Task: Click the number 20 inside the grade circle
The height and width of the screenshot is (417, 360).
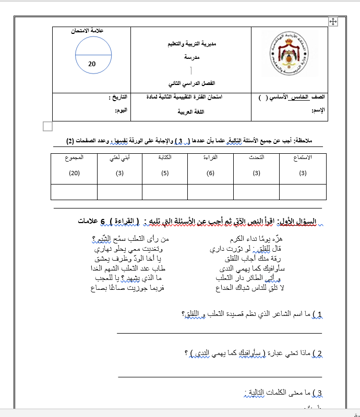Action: pos(92,64)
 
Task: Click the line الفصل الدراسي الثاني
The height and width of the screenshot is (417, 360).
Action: pos(191,83)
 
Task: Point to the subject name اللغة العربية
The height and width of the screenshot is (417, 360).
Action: pos(191,112)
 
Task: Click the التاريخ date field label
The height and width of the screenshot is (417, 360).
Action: pos(118,97)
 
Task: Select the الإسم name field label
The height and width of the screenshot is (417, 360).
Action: pos(318,111)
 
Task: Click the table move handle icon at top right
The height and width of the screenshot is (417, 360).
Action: pos(333,21)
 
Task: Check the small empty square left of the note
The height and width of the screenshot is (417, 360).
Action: pos(47,126)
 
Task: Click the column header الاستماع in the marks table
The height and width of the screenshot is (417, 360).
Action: pos(304,157)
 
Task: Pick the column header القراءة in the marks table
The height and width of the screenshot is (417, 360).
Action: pos(211,157)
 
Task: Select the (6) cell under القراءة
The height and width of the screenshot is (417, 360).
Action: pos(211,173)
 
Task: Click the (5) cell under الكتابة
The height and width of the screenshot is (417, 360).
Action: pos(165,173)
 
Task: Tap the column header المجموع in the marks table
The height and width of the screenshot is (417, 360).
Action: pos(74,157)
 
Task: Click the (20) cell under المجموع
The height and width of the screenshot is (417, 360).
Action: pos(74,173)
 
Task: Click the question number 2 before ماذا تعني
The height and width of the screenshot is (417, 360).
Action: pos(319,353)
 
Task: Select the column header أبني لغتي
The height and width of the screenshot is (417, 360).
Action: pos(120,157)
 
